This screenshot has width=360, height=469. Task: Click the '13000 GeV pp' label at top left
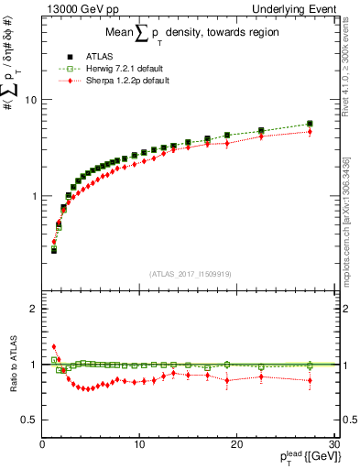tap(75, 9)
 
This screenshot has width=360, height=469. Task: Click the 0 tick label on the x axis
tap(42, 444)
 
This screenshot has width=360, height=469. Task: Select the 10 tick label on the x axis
tap(138, 444)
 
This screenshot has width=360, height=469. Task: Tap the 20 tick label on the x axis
tap(235, 444)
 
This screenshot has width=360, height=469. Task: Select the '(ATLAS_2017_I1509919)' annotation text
tap(190, 272)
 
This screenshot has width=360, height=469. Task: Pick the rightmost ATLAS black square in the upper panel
tap(310, 124)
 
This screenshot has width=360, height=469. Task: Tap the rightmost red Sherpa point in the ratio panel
tap(310, 380)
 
